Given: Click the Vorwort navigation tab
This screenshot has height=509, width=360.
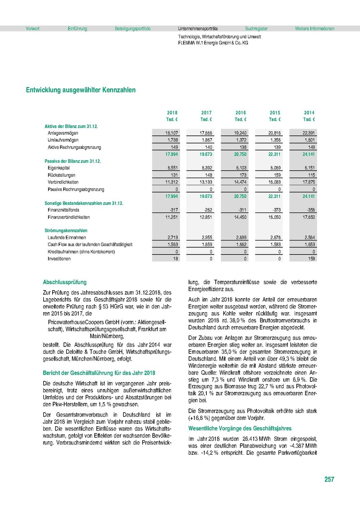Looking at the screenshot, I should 33,29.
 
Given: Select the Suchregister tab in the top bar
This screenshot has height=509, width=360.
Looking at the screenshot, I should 256,29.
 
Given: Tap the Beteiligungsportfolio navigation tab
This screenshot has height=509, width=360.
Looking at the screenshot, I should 132,29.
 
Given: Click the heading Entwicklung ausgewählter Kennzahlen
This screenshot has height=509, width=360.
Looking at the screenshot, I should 81,90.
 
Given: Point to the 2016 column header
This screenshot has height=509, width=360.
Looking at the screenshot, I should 241,113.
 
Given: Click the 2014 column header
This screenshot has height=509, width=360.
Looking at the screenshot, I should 309,113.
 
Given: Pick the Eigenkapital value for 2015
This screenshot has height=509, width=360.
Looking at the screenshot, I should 275,168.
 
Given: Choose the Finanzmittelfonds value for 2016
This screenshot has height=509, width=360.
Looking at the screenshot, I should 241,210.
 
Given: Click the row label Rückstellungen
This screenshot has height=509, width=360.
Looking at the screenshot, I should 62,176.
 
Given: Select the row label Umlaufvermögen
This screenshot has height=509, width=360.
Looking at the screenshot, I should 63,140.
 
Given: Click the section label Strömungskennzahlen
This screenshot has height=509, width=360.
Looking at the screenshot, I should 63,230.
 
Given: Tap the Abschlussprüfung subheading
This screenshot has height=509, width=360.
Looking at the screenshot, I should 65,282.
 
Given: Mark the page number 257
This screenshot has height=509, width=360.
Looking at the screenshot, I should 329,479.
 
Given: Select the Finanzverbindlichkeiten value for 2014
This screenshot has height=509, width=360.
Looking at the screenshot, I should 309,217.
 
